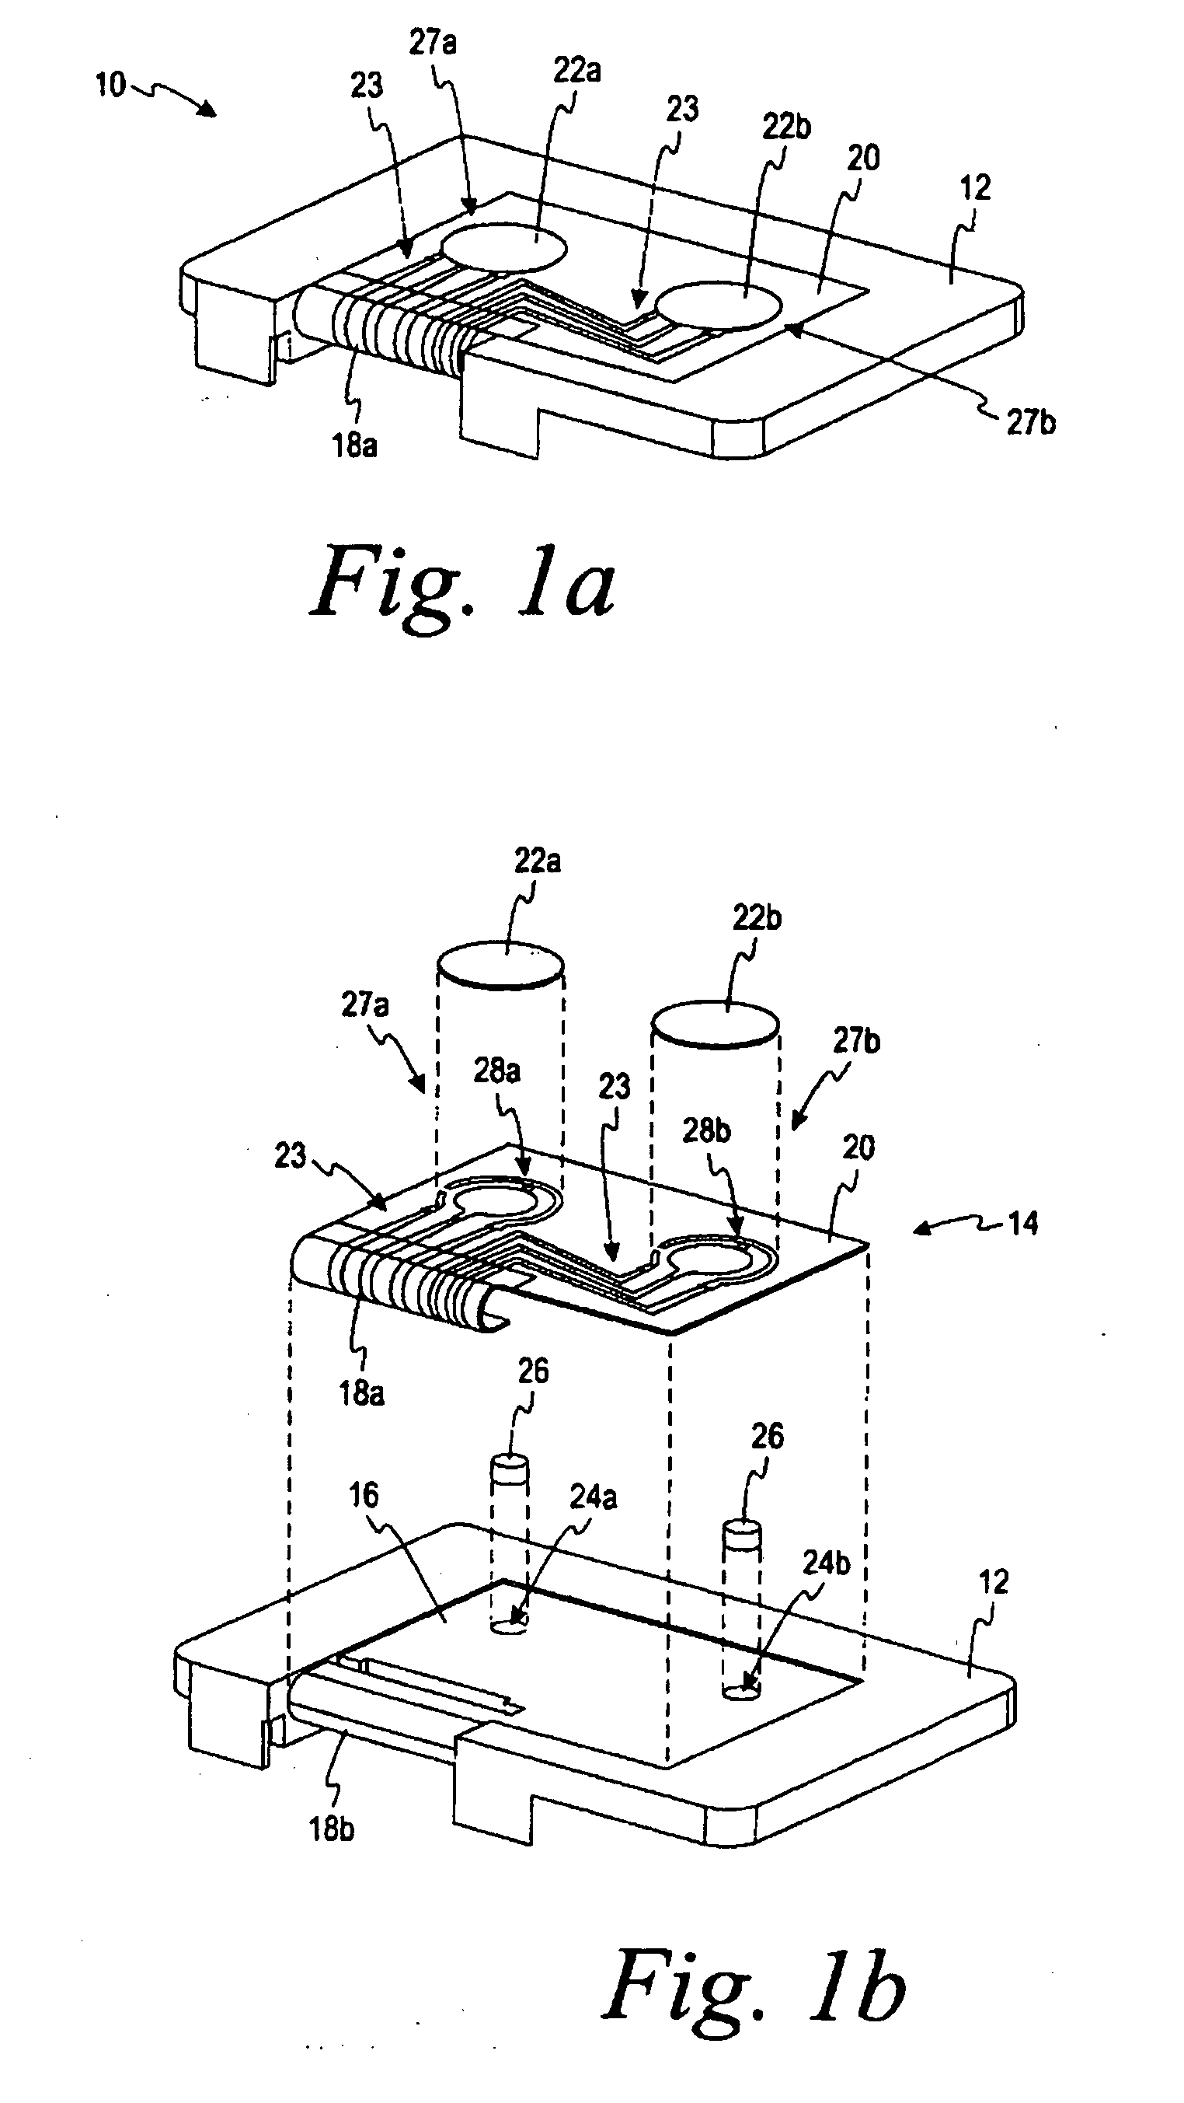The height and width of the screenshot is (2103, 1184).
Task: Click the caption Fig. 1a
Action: (x=463, y=583)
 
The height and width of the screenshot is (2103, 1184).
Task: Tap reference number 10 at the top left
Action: (x=110, y=85)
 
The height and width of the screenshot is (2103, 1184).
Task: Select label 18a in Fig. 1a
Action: (x=355, y=445)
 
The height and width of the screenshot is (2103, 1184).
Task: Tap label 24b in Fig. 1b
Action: (x=826, y=1563)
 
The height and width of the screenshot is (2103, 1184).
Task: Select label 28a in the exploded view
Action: (x=496, y=1071)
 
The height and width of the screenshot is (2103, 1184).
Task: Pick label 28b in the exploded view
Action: (x=707, y=1130)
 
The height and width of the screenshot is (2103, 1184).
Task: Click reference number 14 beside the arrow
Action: (x=1023, y=1224)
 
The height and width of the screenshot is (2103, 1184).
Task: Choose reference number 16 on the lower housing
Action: (x=364, y=1495)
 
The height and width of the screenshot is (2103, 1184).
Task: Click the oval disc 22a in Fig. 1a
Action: (x=503, y=247)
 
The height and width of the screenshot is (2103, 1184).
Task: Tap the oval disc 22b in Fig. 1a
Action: (x=719, y=306)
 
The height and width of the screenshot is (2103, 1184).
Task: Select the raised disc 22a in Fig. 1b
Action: (x=500, y=968)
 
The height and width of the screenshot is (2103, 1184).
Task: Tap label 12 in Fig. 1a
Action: (x=975, y=188)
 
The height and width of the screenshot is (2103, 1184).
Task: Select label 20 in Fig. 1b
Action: (x=858, y=1148)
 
